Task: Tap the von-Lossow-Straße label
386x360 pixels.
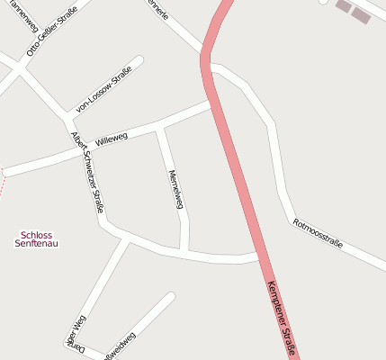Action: (104, 88)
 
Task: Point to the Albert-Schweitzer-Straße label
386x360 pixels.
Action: (88, 172)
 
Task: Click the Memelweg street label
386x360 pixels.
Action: (176, 189)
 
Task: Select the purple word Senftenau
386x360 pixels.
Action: (36, 244)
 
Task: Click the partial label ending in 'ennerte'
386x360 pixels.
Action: (157, 10)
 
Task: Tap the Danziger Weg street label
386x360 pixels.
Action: (76, 333)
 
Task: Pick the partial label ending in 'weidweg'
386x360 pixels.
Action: (121, 347)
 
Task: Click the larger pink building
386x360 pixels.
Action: (361, 14)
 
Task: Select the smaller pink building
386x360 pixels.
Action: (343, 5)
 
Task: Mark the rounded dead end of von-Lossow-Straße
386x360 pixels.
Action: (139, 61)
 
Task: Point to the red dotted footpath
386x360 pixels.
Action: (3, 181)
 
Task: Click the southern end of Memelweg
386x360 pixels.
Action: (184, 248)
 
